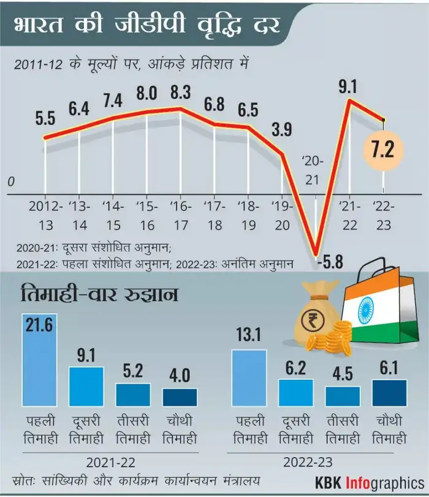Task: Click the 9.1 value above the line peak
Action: pos(347,86)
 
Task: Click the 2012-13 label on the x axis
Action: pos(46,214)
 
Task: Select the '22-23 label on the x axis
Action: pos(383,214)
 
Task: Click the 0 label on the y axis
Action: pos(11,182)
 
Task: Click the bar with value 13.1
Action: pos(249,378)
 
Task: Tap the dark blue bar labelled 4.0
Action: pos(180,396)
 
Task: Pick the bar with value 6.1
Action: pos(389,392)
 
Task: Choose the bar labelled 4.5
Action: pos(343,396)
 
